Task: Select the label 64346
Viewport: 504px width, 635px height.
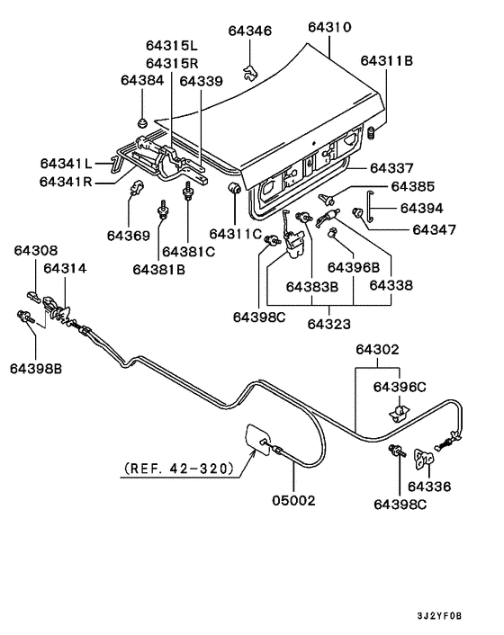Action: [248, 31]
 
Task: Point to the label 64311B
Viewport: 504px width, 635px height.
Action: [386, 61]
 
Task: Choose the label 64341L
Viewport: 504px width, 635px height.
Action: [66, 164]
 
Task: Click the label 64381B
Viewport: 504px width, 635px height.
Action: [160, 268]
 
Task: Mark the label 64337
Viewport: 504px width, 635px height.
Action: [391, 168]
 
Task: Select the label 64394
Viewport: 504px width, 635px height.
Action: [421, 208]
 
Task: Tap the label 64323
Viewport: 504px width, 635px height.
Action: [328, 323]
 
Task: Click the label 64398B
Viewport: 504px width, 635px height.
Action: [36, 367]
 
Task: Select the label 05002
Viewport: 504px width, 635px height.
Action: [293, 500]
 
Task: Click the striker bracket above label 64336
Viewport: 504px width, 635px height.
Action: [425, 460]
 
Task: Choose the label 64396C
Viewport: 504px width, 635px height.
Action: [399, 387]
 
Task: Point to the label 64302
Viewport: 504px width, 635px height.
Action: [376, 349]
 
